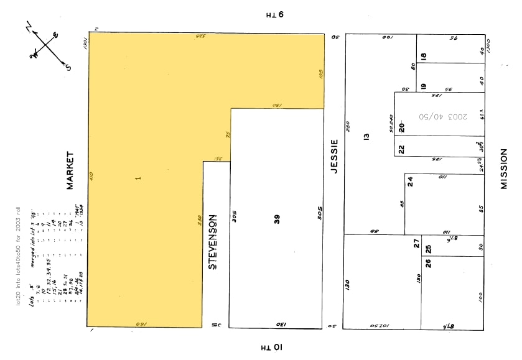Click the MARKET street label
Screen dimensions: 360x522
70,170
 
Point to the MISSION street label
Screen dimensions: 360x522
504,168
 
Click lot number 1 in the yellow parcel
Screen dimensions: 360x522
138,178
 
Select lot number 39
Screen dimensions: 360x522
277,219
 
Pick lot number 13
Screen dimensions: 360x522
366,136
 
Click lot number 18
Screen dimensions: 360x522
424,56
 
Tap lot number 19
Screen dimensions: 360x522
423,86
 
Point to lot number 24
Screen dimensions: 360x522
410,182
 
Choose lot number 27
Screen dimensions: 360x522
417,244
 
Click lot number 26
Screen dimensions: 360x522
428,262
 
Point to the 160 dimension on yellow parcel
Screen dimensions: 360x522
141,324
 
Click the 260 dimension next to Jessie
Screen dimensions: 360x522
348,126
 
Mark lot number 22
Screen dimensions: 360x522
401,149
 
